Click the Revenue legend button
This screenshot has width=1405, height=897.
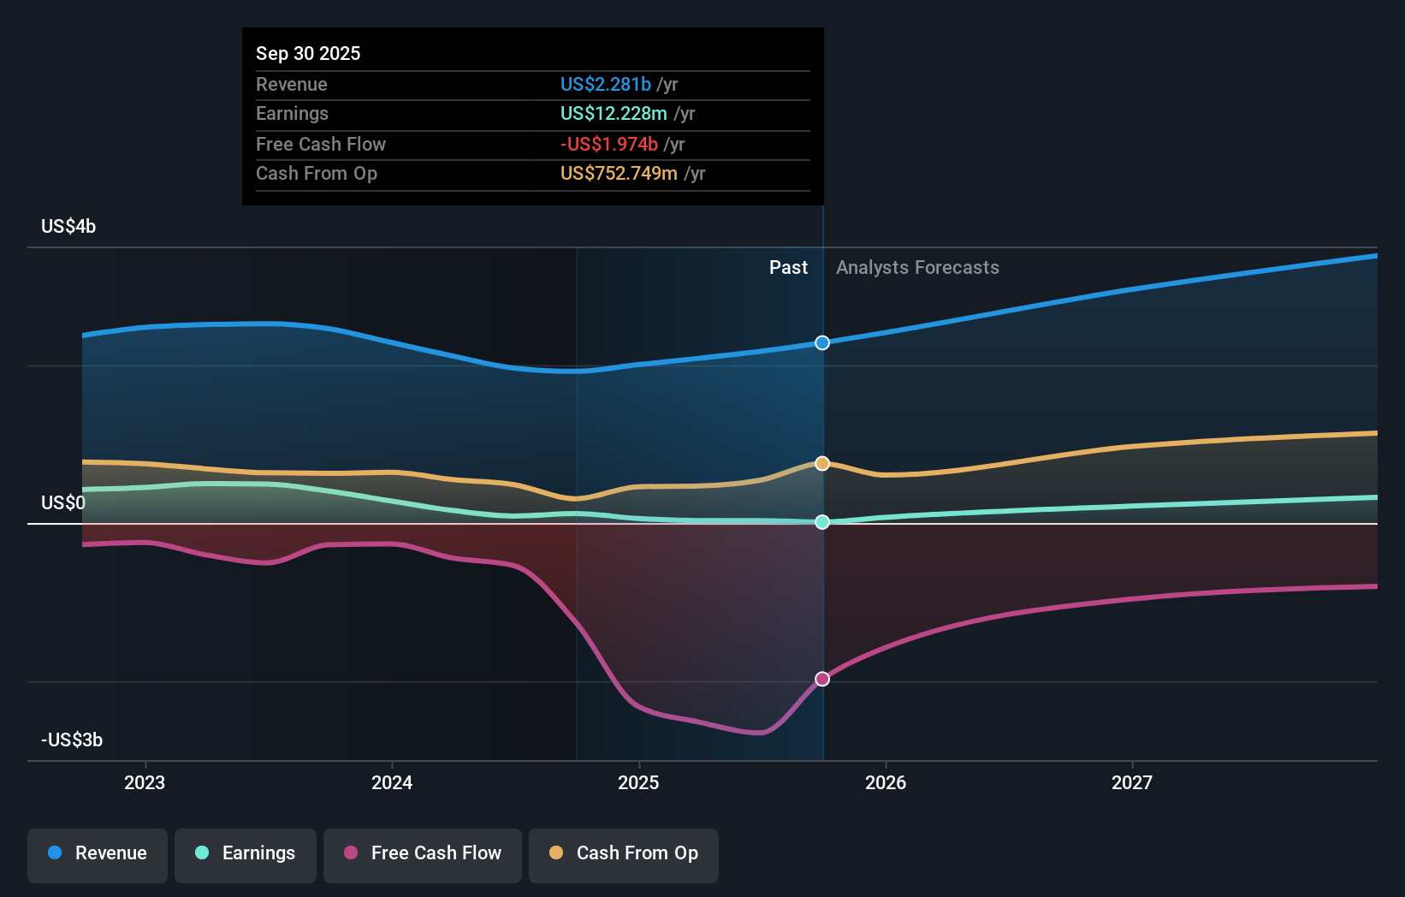point(98,853)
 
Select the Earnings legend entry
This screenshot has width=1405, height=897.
point(246,853)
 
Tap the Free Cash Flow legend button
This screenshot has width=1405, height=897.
point(423,853)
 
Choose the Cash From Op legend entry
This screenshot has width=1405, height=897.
point(624,853)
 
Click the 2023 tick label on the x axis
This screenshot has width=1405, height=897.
point(145,782)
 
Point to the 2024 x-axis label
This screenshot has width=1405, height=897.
point(392,782)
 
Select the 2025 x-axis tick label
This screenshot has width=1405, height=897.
point(638,782)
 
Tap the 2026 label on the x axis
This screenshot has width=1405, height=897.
point(886,782)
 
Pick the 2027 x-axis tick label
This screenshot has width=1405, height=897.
point(1132,782)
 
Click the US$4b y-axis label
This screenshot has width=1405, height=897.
point(68,227)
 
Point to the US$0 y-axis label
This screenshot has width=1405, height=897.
point(63,502)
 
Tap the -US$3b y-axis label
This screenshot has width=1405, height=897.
point(72,740)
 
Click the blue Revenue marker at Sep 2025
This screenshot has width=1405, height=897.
point(822,343)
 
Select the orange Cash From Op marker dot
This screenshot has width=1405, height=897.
point(822,464)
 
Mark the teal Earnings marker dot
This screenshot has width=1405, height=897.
point(822,522)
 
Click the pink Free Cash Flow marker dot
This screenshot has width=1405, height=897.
point(822,679)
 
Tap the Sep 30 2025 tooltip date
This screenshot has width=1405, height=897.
point(308,54)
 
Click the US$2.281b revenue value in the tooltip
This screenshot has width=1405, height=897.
point(606,85)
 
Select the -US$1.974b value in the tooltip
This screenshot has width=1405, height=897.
point(609,145)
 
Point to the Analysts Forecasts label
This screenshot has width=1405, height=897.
point(917,268)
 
